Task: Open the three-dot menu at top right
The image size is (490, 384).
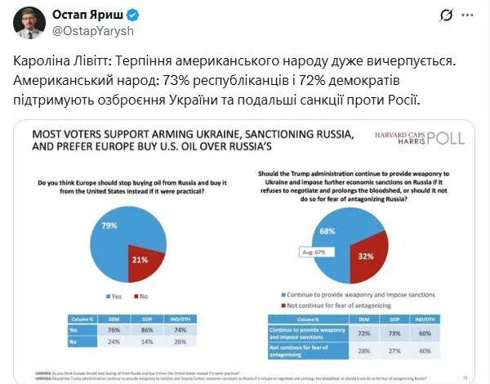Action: (467, 16)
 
